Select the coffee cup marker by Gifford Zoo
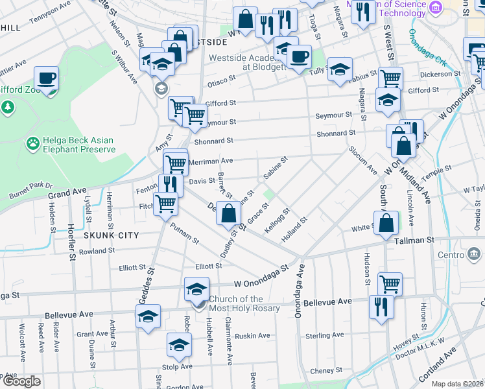[46, 79]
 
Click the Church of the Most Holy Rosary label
[244, 303]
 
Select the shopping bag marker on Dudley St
[228, 213]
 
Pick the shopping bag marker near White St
[386, 222]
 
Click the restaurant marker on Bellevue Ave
[380, 306]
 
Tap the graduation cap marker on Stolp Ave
[179, 345]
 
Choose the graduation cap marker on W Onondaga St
[196, 289]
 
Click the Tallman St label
[414, 240]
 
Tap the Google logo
[21, 381]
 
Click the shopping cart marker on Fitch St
[165, 203]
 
